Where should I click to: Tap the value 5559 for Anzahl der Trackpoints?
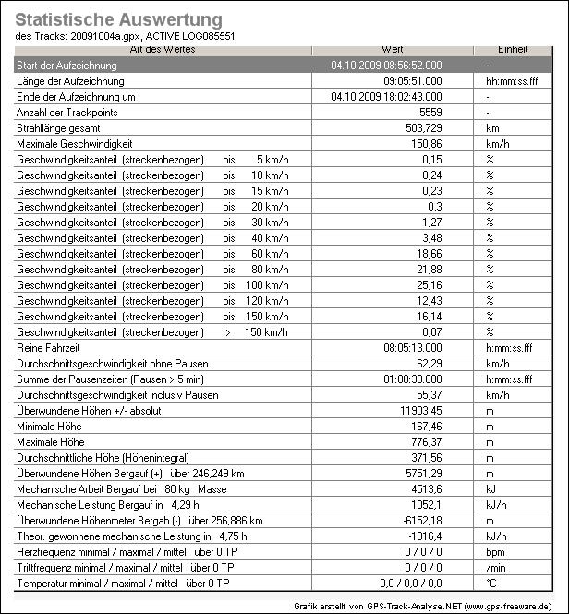point(430,112)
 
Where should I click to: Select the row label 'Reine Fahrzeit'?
point(50,348)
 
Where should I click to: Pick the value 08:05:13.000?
point(412,348)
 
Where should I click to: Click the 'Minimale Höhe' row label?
point(52,427)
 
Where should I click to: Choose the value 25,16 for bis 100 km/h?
point(430,285)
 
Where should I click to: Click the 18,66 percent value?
point(430,254)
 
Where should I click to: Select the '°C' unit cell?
point(491,584)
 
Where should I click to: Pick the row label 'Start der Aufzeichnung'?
point(67,66)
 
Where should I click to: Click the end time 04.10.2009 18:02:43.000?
point(386,97)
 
